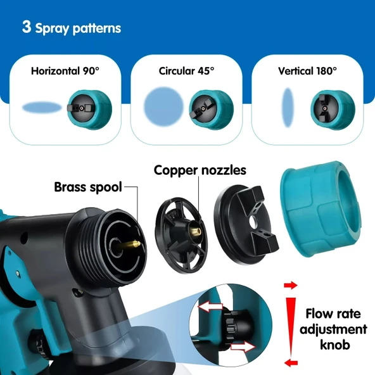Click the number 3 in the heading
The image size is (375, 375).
[27, 27]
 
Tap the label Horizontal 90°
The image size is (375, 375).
[65, 71]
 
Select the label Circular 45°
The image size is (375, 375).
[186, 71]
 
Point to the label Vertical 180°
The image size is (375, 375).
[308, 71]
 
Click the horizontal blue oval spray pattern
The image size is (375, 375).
[42, 107]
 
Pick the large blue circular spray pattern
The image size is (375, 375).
[164, 106]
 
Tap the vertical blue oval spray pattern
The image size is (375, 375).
[288, 108]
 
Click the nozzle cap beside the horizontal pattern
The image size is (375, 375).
[89, 110]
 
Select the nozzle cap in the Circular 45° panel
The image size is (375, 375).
[211, 110]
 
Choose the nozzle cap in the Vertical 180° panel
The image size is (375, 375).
[333, 110]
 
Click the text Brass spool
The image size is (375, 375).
[88, 187]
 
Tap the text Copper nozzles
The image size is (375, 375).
[200, 170]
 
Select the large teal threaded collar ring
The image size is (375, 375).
[321, 209]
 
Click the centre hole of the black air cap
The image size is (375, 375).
[253, 222]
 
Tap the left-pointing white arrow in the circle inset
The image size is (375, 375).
[210, 307]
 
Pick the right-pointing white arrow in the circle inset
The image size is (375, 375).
[243, 346]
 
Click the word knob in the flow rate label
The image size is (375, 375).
[335, 345]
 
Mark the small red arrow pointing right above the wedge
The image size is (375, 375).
[291, 285]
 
